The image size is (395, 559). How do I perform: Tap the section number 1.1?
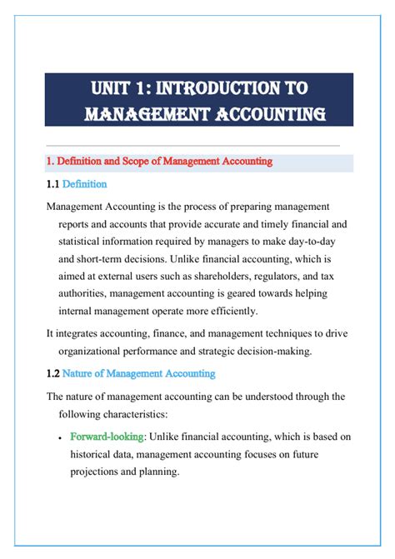pyautogui.click(x=52, y=183)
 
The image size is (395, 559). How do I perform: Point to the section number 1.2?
pyautogui.click(x=52, y=373)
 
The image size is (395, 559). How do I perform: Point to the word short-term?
pyautogui.click(x=98, y=258)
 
